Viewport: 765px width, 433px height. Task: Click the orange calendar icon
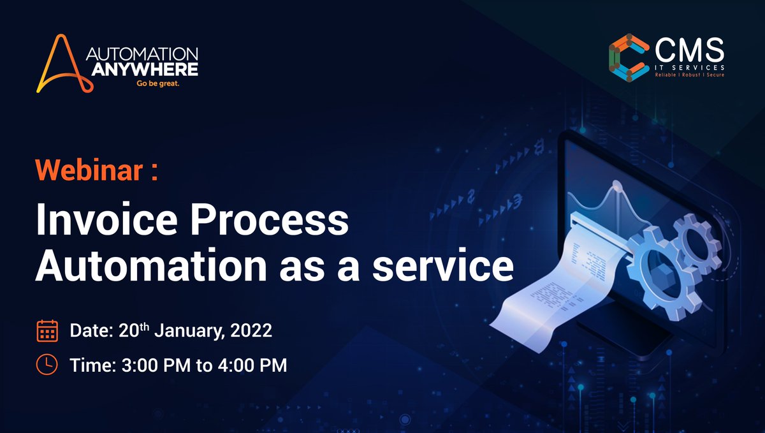point(47,331)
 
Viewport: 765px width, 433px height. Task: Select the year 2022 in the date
point(250,331)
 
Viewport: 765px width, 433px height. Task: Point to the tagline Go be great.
point(157,83)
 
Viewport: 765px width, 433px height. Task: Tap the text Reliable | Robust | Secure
point(690,75)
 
